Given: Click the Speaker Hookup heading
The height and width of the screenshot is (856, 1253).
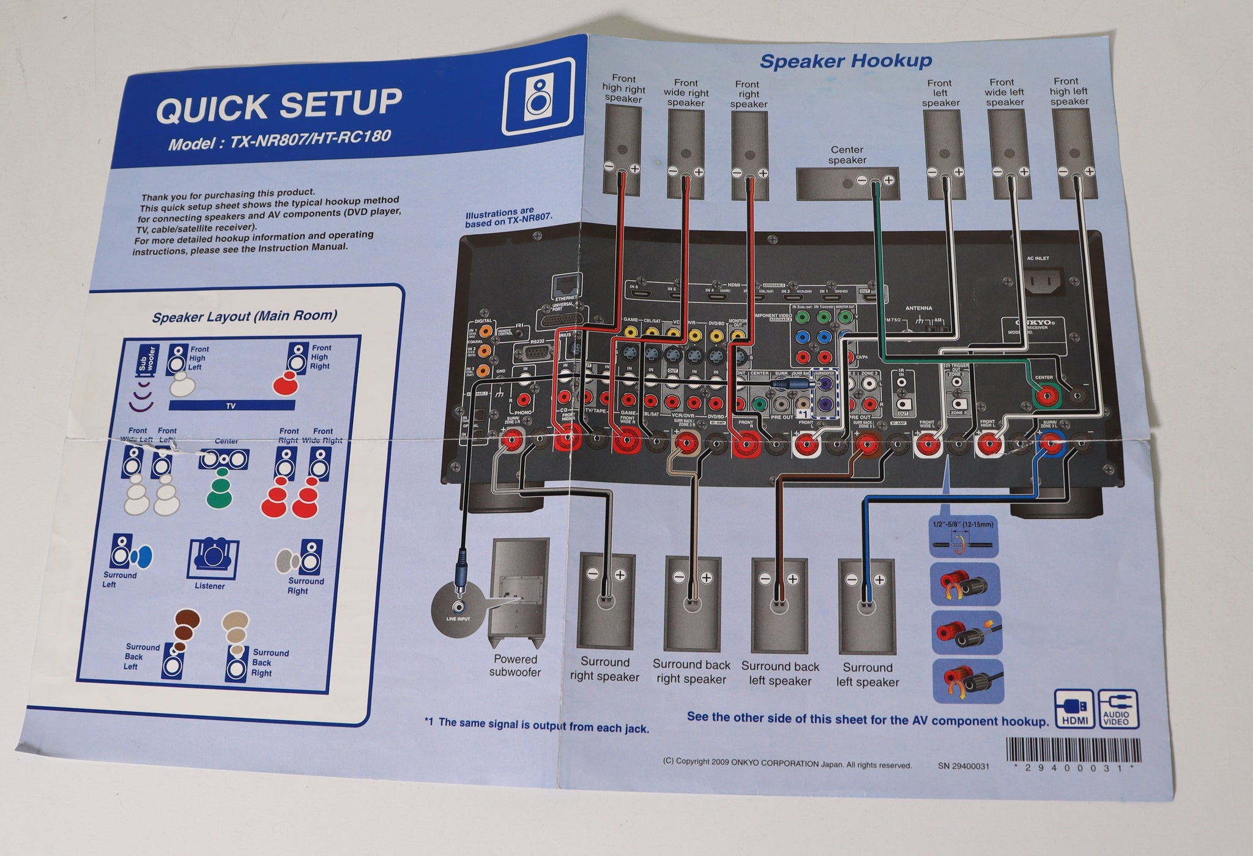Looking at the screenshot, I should point(846,61).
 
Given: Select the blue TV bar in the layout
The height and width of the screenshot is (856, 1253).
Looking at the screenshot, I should point(231,405).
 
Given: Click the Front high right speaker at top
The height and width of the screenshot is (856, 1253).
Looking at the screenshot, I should point(622,150).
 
